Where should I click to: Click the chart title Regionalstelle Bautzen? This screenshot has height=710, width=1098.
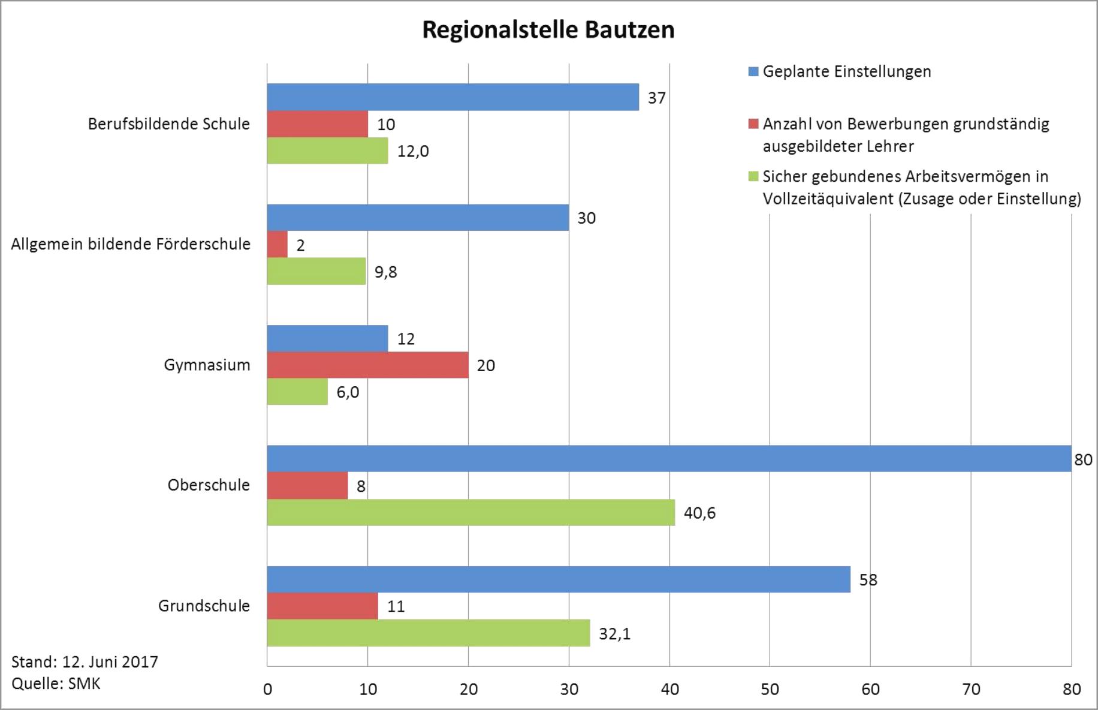click(548, 30)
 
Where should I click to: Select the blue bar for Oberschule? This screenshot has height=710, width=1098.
click(668, 459)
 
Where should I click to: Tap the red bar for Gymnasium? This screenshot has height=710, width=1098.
click(367, 365)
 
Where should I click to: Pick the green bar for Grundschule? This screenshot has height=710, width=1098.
click(428, 633)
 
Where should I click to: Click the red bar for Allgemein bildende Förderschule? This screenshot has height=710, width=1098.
click(277, 245)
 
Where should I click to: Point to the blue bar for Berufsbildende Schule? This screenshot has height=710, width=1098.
click(453, 97)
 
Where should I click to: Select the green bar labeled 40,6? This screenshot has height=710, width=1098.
click(470, 513)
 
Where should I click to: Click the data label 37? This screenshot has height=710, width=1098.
click(656, 98)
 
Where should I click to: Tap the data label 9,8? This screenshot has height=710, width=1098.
click(385, 272)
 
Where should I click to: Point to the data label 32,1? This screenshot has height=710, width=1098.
click(614, 634)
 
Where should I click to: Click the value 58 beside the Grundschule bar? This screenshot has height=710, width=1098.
click(868, 580)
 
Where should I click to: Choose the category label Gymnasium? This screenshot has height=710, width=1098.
click(207, 365)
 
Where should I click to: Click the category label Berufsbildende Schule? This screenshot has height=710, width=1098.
click(168, 124)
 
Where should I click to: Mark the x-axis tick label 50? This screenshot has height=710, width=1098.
click(770, 690)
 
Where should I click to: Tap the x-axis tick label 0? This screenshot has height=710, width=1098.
click(267, 690)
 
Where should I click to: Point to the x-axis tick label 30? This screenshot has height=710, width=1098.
click(569, 690)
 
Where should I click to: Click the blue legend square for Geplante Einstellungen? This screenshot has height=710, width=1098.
click(753, 72)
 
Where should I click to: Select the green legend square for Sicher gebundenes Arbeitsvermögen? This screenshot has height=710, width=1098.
click(753, 177)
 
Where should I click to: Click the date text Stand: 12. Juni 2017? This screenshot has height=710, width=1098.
click(85, 662)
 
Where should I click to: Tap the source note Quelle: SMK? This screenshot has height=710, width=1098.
click(56, 684)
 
